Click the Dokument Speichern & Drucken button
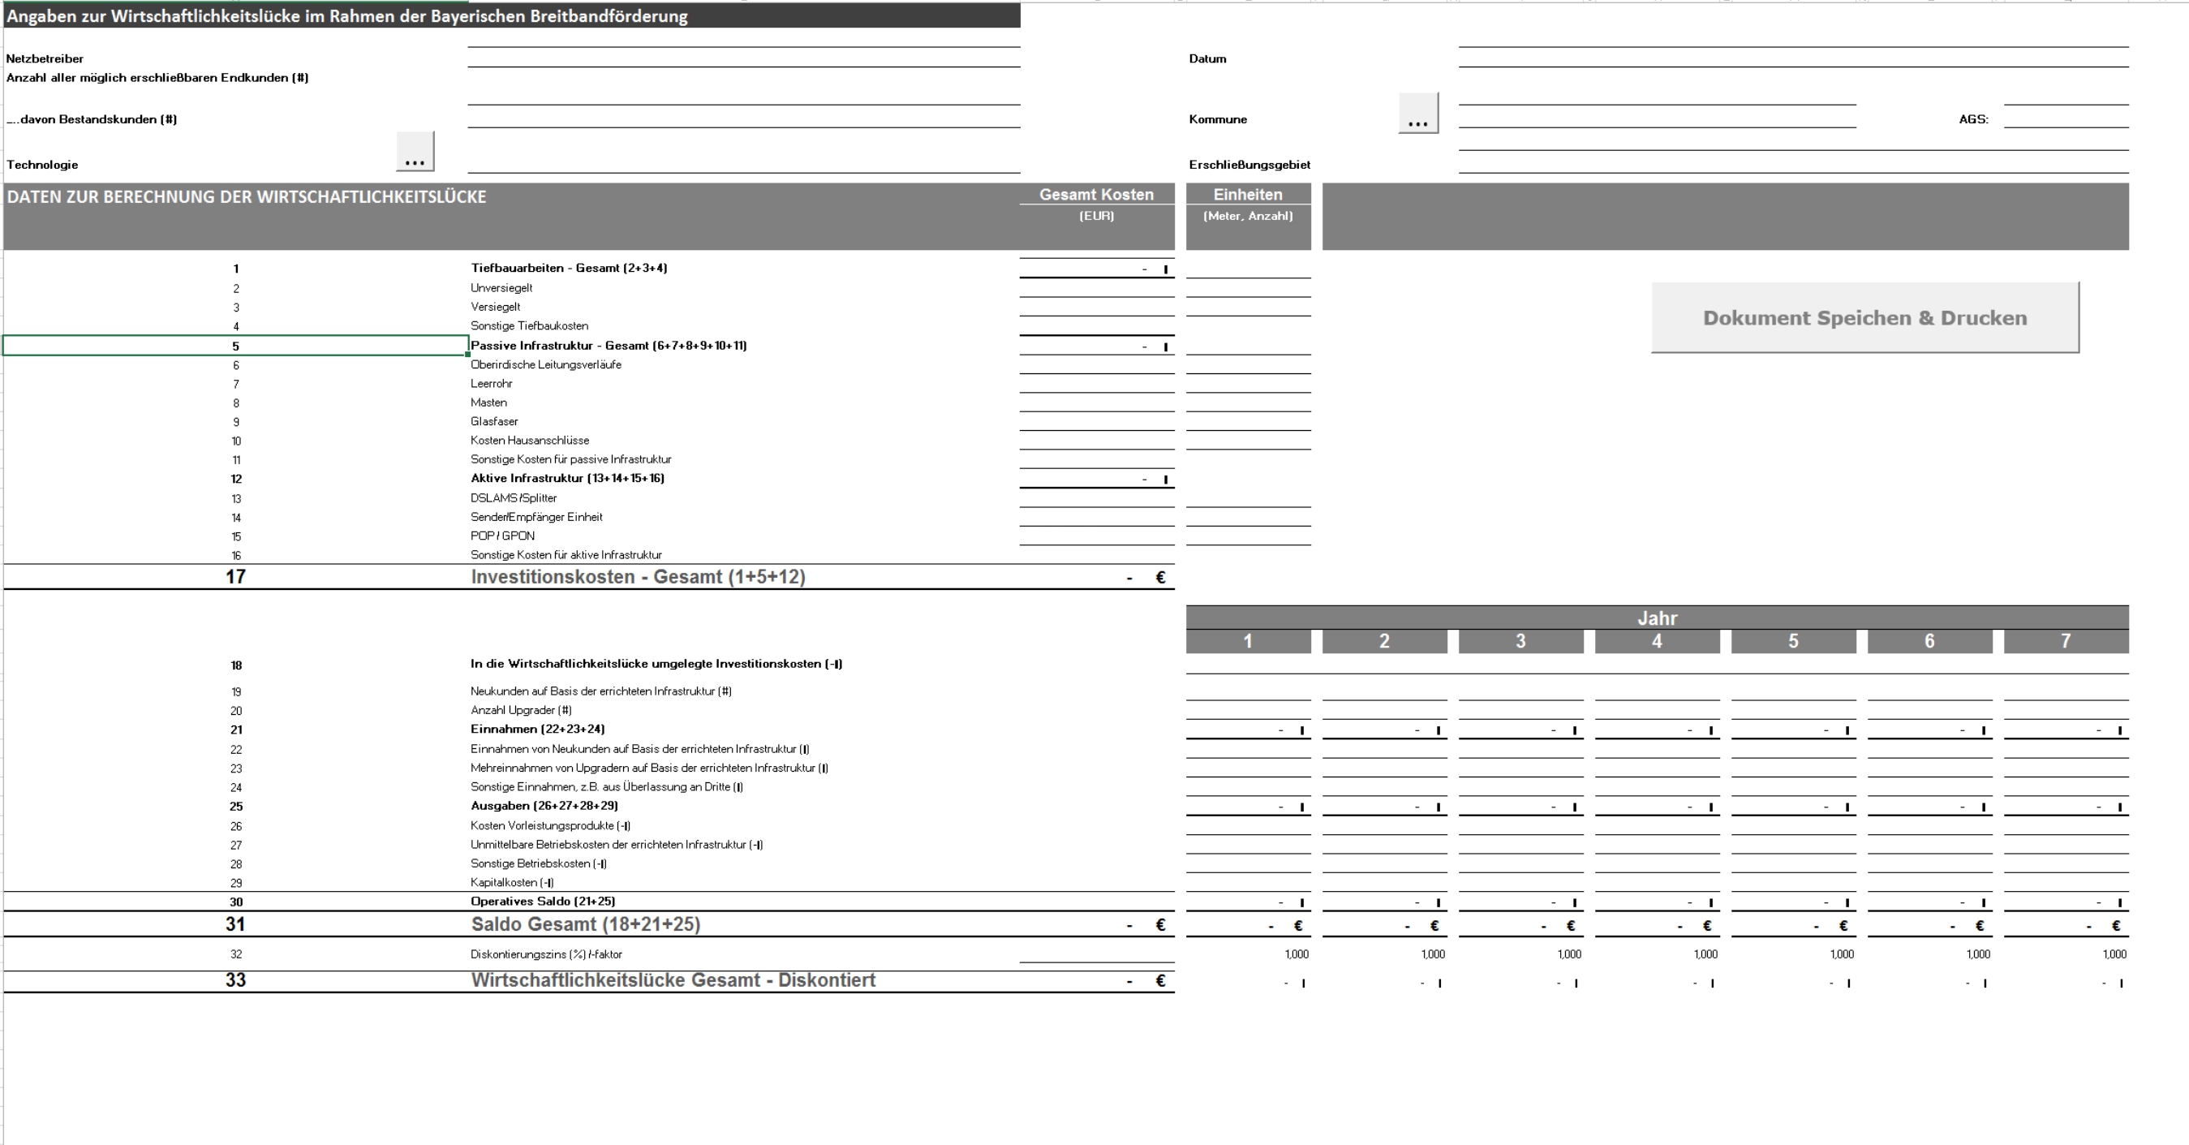1864,318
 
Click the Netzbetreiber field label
45,58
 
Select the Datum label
1206,58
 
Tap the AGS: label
1973,120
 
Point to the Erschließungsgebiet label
1249,165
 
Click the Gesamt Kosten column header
1096,195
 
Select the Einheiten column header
1248,195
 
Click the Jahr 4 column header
1656,642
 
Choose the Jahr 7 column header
2065,642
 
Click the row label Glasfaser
494,422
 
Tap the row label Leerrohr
491,384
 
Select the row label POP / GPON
502,536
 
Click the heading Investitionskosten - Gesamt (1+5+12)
638,577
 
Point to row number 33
235,980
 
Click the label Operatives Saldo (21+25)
542,902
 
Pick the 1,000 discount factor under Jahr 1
1296,954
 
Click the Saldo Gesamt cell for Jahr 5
1793,926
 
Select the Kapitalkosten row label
512,883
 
